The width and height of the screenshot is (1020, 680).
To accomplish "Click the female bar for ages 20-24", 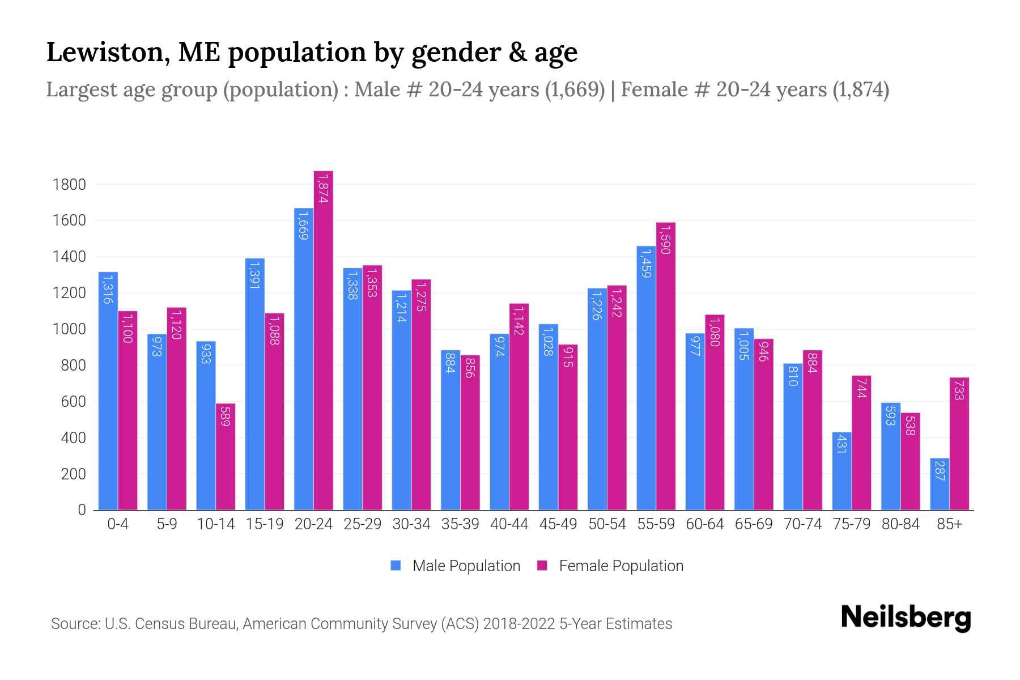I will tap(323, 340).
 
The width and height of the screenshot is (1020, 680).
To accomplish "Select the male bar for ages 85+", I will tap(940, 484).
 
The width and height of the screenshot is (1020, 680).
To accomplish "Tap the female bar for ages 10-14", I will tap(226, 457).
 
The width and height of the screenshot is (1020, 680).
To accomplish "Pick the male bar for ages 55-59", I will tap(646, 378).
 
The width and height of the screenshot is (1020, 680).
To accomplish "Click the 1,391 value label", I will tap(254, 275).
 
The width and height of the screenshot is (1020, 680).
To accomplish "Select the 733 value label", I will tap(959, 390).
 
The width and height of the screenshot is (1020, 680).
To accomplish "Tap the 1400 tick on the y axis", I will tap(69, 257).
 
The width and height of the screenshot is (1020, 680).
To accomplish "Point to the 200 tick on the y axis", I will tap(73, 474).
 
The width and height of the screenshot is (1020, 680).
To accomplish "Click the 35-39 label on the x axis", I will tap(460, 524).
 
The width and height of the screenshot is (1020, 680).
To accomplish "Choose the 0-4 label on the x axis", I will tap(118, 524).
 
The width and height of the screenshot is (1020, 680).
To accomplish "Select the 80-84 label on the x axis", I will tap(900, 524).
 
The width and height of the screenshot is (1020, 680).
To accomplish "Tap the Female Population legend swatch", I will tap(542, 566).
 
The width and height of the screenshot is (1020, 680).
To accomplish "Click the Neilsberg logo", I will tap(906, 618).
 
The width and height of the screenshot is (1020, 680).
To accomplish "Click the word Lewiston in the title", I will tap(105, 52).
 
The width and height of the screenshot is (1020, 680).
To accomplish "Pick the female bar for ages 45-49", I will tap(568, 427).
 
